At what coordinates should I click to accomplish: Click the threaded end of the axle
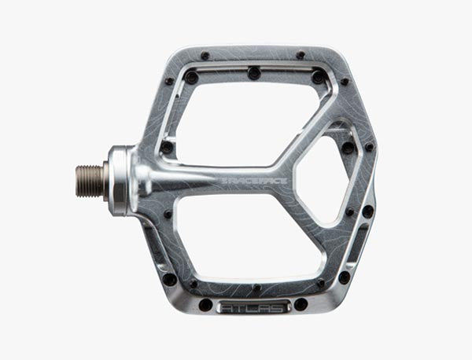point(89,181)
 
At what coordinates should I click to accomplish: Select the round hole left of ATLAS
point(206,305)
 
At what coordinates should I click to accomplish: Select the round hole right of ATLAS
point(300,304)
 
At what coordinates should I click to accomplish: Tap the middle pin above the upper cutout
point(253,73)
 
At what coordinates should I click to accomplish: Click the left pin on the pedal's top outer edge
point(205,56)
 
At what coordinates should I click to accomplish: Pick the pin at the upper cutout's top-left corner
point(190,77)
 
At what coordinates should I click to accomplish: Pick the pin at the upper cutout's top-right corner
point(317,77)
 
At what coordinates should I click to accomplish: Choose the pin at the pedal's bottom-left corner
point(169,278)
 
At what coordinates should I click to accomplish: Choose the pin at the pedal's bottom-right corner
point(344,277)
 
